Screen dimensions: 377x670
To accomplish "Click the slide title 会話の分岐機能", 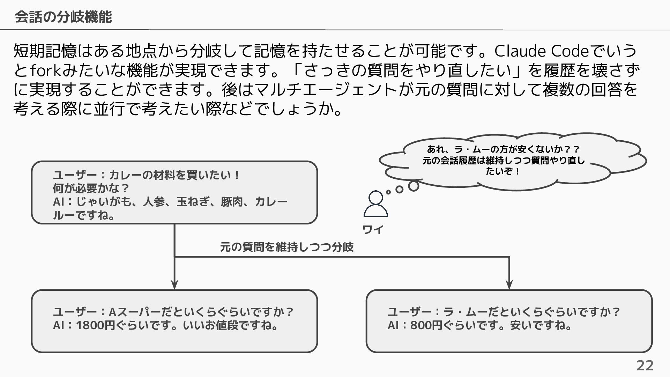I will (63, 17).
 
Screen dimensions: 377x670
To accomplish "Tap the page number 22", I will (645, 365).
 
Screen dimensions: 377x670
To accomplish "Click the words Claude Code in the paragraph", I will (542, 51).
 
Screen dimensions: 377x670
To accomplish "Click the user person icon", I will (375, 204).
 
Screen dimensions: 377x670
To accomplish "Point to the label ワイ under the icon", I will (373, 230).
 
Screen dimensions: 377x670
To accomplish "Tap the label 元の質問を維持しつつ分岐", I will (287, 247).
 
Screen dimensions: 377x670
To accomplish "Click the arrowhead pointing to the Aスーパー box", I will (174, 284).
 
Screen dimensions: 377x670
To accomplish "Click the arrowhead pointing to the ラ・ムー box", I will (509, 284).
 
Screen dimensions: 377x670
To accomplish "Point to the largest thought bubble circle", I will (414, 186).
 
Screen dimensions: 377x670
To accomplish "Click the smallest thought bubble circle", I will (388, 192).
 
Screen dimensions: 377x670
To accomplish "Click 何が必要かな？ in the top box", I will (91, 188).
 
